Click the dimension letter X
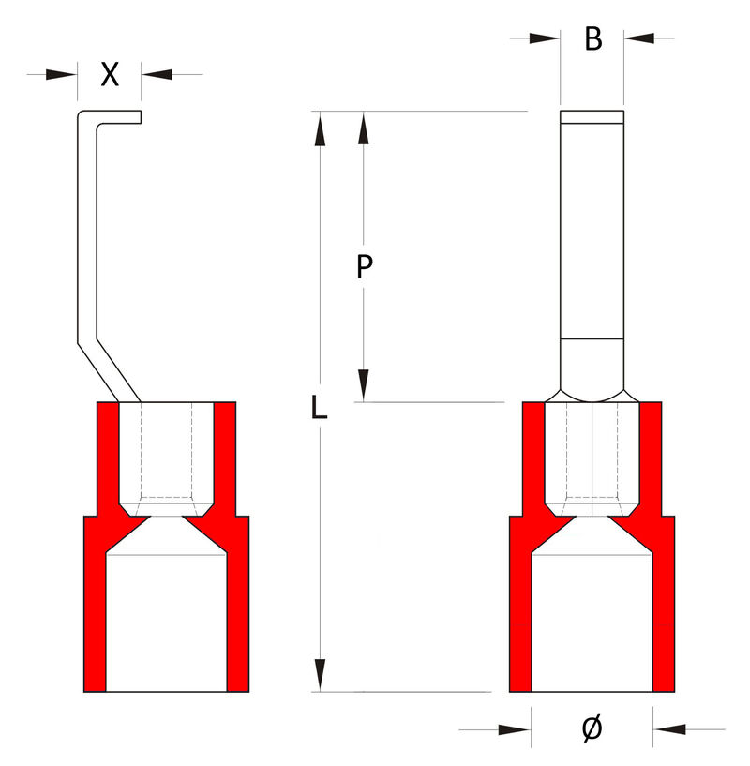click(x=110, y=75)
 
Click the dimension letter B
click(x=592, y=39)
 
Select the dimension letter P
click(x=366, y=267)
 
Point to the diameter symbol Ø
click(x=592, y=728)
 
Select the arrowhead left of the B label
click(x=545, y=38)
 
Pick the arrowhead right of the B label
click(x=639, y=38)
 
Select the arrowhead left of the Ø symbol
click(x=516, y=728)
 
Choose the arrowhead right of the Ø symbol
click(x=667, y=728)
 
